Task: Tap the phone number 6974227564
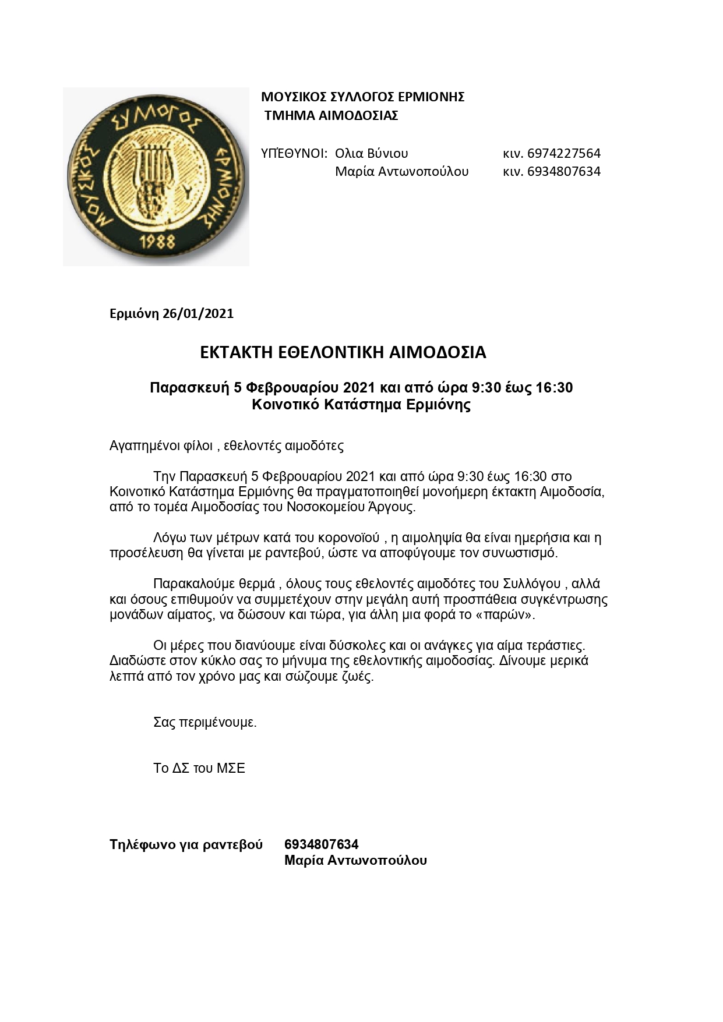point(563,154)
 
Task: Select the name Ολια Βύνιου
point(371,154)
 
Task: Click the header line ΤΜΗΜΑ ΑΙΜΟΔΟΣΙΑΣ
point(331,115)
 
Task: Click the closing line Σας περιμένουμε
point(204,723)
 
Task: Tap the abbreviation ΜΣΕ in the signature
point(231,769)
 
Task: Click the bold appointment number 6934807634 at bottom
point(321,844)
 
